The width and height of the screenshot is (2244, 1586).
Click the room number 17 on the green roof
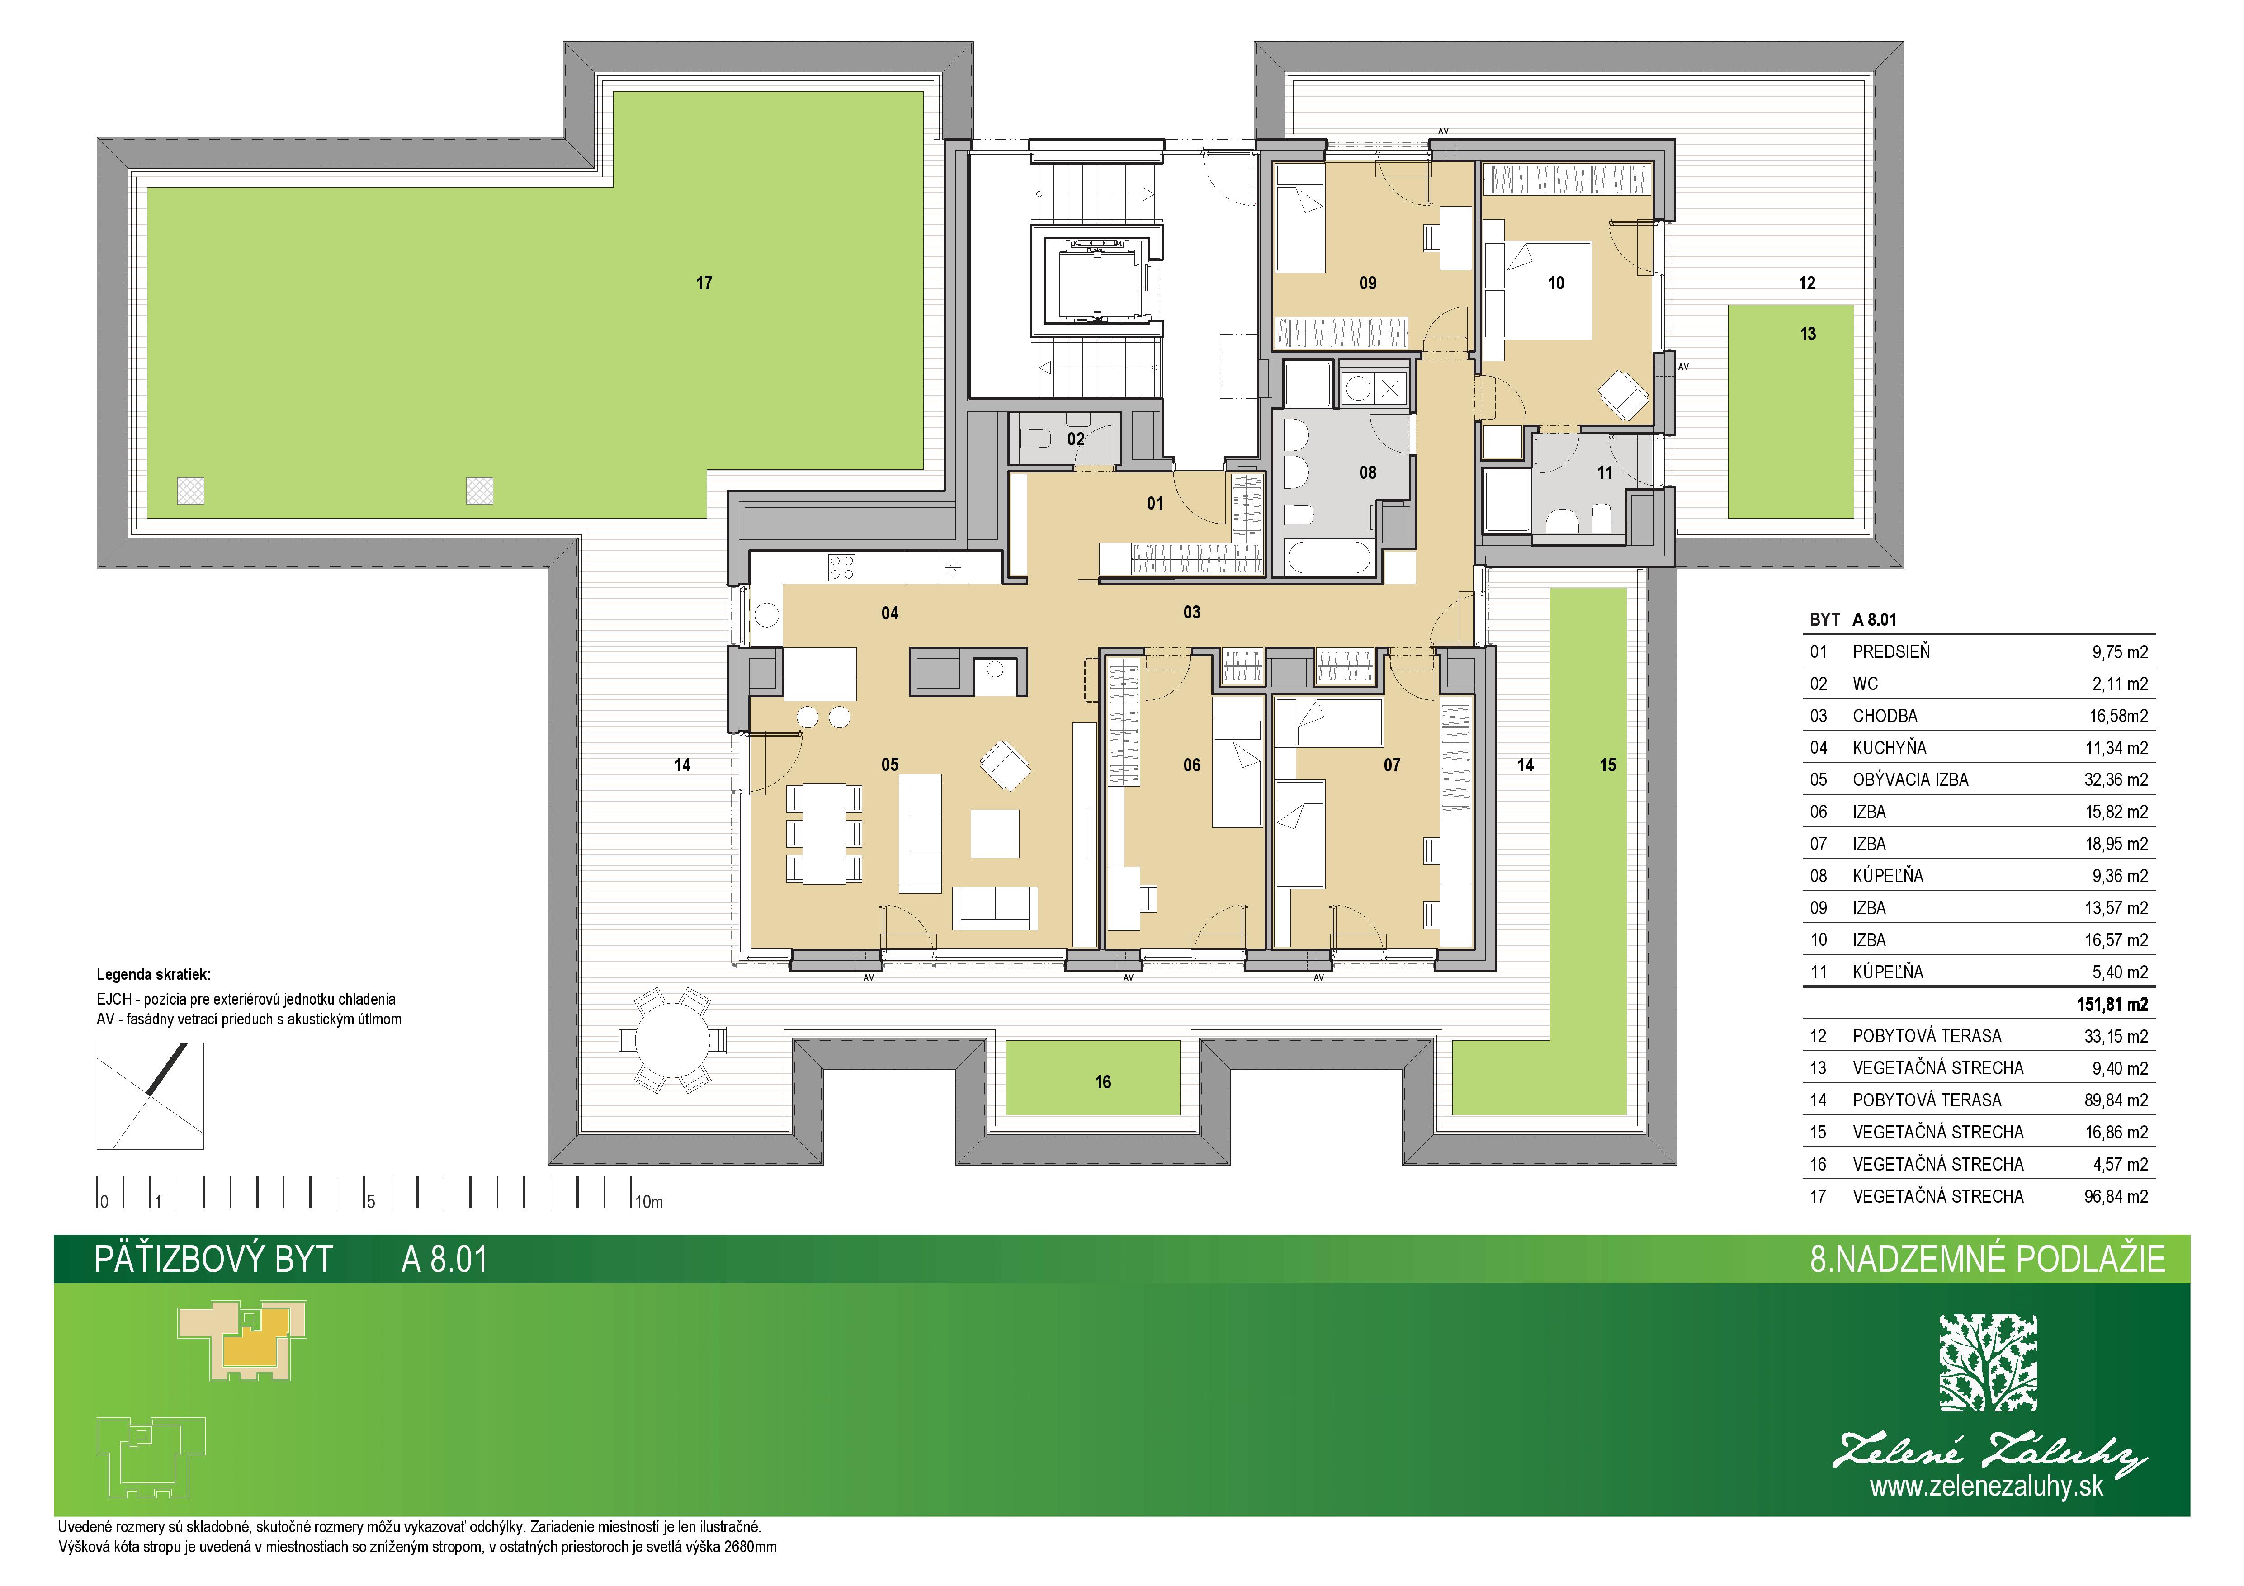tap(704, 283)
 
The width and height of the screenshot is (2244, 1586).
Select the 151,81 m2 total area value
tap(2112, 1004)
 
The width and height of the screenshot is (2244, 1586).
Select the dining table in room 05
tap(824, 834)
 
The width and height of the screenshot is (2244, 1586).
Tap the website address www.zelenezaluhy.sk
tap(1986, 1487)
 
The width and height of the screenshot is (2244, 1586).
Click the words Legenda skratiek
tap(153, 974)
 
